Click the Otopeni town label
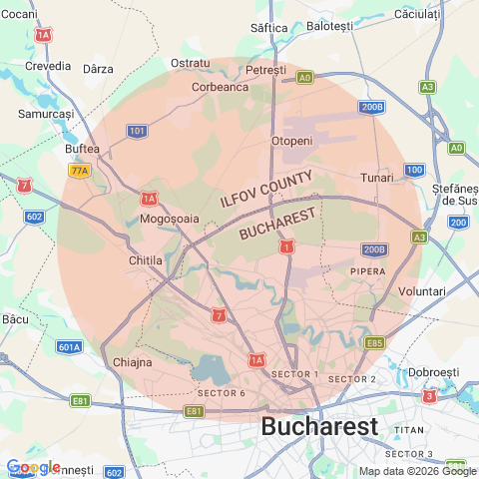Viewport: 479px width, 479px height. pos(291,141)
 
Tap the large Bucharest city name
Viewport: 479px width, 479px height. pos(319,427)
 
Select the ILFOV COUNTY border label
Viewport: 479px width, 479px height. pos(266,189)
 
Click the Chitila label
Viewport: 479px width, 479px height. pos(147,260)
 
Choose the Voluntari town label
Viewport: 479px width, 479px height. pos(421,290)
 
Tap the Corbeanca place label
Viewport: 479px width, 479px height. pos(220,87)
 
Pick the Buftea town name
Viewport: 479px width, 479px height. pos(82,149)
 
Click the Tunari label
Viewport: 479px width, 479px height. pos(377,177)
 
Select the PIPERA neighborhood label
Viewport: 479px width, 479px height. pos(367,270)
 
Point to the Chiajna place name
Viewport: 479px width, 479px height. pos(132,362)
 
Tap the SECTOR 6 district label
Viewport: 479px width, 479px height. pos(222,392)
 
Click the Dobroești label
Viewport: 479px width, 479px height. pos(433,371)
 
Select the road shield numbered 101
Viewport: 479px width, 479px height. pos(138,131)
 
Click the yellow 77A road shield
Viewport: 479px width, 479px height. pos(80,171)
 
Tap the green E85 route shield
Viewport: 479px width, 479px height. pos(374,342)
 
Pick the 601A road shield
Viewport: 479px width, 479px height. pos(69,347)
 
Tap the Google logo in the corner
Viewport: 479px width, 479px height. pos(32,467)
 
